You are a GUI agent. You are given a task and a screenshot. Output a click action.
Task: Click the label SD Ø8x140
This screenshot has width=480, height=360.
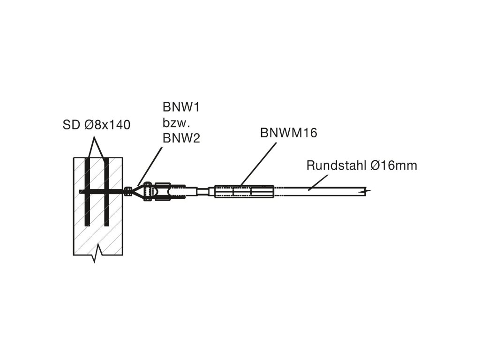tap(96, 125)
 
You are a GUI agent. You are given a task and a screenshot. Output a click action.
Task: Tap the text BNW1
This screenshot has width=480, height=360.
tap(181, 108)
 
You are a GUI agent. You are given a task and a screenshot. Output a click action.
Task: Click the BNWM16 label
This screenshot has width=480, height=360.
tap(289, 133)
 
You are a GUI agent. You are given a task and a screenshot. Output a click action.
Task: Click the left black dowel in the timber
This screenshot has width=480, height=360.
tap(87, 192)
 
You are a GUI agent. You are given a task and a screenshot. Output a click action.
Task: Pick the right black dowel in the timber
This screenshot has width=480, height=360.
tap(106, 192)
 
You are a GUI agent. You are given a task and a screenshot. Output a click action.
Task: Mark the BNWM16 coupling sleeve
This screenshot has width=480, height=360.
tap(244, 192)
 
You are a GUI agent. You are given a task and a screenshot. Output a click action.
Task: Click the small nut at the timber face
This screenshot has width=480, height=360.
tap(127, 191)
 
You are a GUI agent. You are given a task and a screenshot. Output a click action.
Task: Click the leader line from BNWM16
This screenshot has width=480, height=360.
tap(258, 164)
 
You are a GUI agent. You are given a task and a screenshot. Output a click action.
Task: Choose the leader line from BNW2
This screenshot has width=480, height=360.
tap(150, 166)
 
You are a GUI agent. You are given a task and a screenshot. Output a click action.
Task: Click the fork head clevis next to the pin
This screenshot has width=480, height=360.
tap(162, 192)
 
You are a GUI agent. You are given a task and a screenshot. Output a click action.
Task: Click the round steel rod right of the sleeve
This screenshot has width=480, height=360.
tap(323, 191)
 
